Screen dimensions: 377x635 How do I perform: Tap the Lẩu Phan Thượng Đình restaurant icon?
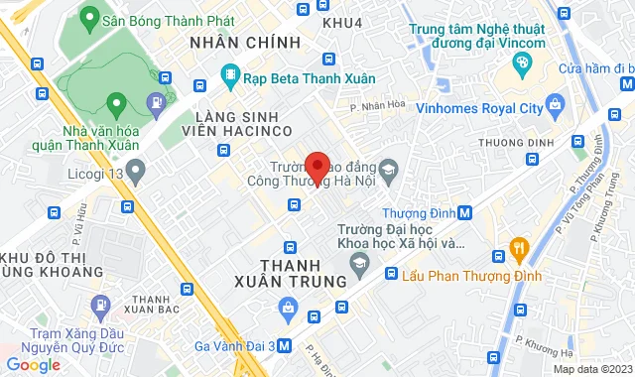point(516,246)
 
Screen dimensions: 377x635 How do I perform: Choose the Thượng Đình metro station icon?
point(465,212)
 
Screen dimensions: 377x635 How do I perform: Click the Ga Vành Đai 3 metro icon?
point(284,346)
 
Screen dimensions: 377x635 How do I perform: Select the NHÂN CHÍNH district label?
point(244,42)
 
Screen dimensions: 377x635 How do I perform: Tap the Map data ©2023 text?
point(591,370)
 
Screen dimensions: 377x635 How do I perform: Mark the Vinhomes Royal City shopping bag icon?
point(556,102)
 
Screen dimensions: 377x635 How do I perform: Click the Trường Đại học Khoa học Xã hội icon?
point(359,261)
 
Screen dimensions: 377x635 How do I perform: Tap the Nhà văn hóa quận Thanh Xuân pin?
point(115,102)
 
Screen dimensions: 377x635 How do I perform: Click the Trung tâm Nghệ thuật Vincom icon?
point(520,65)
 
